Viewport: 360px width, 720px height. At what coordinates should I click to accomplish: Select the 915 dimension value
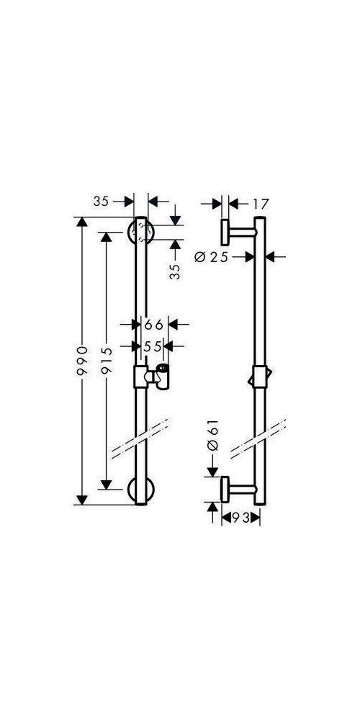pyautogui.click(x=106, y=362)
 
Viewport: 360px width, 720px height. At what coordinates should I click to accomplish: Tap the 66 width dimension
pyautogui.click(x=154, y=325)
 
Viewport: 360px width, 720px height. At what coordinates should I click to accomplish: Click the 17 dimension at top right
pyautogui.click(x=259, y=204)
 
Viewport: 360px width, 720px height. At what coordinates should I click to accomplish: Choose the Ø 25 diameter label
pyautogui.click(x=211, y=257)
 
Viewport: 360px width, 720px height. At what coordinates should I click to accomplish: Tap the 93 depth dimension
pyautogui.click(x=240, y=518)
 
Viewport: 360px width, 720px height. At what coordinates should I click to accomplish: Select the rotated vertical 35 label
pyautogui.click(x=175, y=271)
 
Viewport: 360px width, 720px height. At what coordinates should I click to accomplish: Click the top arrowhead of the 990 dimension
pyautogui.click(x=82, y=222)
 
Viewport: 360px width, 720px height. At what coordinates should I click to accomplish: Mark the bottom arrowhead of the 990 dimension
pyautogui.click(x=82, y=500)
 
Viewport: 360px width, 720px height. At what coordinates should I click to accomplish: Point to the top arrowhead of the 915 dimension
pyautogui.click(x=106, y=238)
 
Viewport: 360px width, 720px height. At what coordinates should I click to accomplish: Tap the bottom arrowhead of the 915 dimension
pyautogui.click(x=106, y=485)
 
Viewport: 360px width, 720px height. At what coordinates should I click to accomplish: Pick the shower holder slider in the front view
pyautogui.click(x=151, y=377)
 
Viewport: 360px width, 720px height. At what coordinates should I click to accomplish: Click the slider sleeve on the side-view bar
pyautogui.click(x=260, y=377)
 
